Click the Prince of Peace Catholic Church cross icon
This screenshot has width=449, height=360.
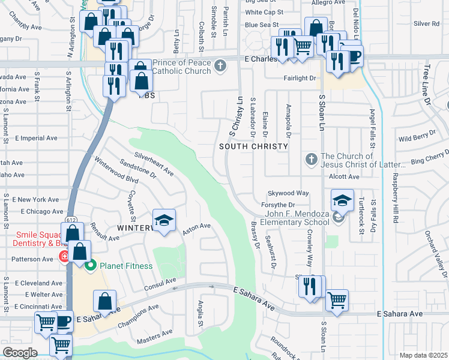point(220,65)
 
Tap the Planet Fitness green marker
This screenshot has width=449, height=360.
point(91,265)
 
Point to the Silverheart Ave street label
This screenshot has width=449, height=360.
point(154,164)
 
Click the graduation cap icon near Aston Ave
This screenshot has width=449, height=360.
point(164,220)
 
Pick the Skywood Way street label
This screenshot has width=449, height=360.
point(288,193)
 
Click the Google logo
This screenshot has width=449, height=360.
point(20,353)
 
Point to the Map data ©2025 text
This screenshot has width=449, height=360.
point(423,355)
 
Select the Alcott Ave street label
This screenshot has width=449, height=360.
point(343,177)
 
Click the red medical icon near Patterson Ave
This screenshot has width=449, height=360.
point(64,257)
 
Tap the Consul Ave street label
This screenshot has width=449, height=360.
point(159,281)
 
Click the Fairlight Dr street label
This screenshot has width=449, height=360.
point(300,78)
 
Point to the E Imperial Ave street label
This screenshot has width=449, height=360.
point(37,138)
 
